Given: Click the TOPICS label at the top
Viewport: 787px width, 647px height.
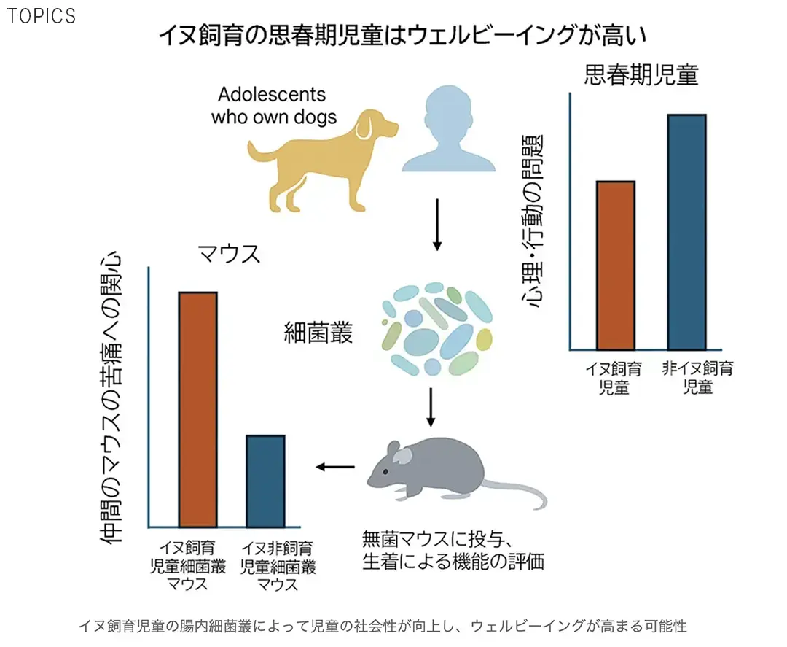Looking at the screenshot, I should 41,16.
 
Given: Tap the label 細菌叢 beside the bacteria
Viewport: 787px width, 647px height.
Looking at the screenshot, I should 318,333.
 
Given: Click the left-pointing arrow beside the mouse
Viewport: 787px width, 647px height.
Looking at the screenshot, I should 334,467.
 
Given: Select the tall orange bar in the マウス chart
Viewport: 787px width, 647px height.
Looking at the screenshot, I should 197,409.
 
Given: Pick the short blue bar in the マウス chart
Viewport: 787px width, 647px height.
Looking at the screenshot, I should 265,481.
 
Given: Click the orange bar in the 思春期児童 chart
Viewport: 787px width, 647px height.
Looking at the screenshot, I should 616,266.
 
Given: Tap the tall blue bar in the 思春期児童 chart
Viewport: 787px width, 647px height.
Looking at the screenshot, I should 686,232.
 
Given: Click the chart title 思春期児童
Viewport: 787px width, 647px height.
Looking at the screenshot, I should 641,75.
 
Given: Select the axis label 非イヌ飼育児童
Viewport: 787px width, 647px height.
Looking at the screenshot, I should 697,377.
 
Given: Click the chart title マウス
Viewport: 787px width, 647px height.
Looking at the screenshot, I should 229,255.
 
